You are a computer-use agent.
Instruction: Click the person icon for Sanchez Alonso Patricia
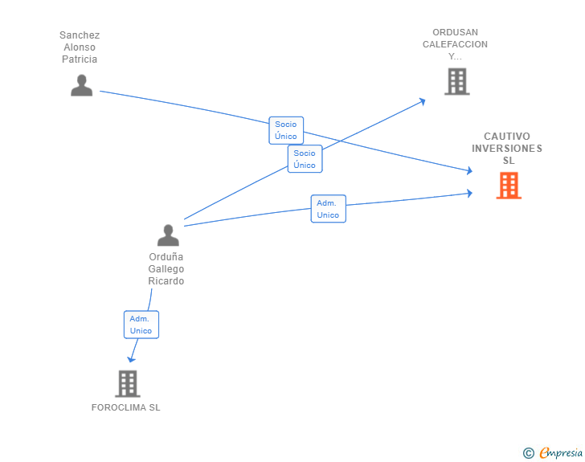click(81, 85)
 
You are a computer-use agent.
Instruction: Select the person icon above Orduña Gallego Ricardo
click(168, 235)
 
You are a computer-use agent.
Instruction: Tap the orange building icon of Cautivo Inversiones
click(508, 186)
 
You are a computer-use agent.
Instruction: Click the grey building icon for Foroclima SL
click(127, 383)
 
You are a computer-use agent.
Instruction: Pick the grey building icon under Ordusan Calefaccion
click(456, 81)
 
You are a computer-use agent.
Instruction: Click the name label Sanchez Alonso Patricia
click(80, 47)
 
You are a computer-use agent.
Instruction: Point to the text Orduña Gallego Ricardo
click(166, 269)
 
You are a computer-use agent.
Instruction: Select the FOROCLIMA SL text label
click(126, 407)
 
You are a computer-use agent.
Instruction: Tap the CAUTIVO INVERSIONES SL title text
click(507, 148)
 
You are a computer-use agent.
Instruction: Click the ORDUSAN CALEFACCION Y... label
click(455, 45)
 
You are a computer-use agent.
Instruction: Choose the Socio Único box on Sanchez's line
click(285, 130)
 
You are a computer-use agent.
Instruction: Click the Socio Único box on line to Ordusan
click(305, 159)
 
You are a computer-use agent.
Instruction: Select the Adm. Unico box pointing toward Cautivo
click(328, 209)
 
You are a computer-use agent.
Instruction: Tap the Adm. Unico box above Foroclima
click(141, 325)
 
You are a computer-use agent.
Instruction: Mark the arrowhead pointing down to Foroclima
click(132, 358)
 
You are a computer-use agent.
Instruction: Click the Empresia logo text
click(561, 453)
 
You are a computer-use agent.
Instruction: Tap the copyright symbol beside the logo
click(528, 453)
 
